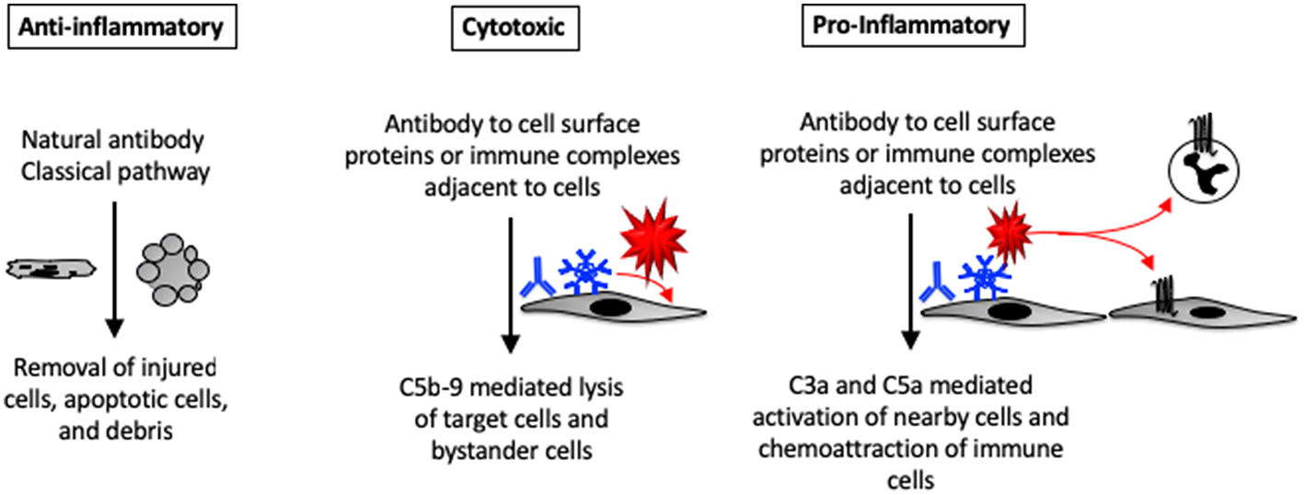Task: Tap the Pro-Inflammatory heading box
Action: (910, 27)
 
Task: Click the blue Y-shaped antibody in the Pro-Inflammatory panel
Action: (935, 284)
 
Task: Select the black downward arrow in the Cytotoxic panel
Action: (513, 286)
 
